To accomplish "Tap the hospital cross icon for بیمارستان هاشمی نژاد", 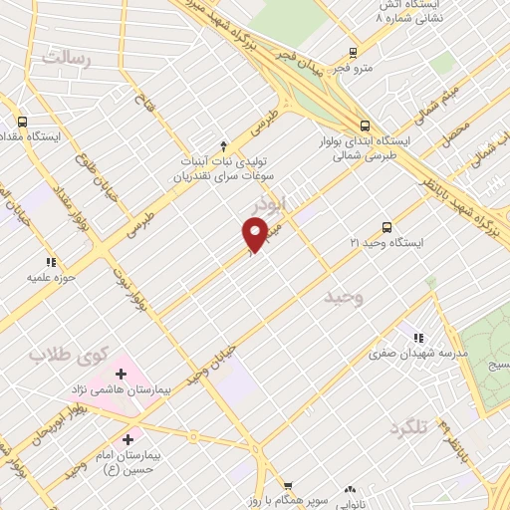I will [121, 375].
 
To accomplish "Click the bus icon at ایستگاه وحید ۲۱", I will [387, 227].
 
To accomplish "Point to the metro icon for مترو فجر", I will [353, 53].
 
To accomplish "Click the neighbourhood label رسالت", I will [66, 57].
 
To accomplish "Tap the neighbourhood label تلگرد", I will [408, 427].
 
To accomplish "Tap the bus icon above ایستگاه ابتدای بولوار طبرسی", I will [365, 126].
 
